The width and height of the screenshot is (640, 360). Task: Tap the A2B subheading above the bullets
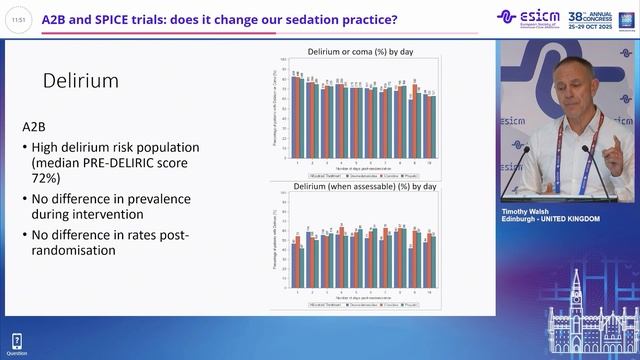click(35, 128)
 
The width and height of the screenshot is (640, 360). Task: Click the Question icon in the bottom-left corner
click(16, 344)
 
